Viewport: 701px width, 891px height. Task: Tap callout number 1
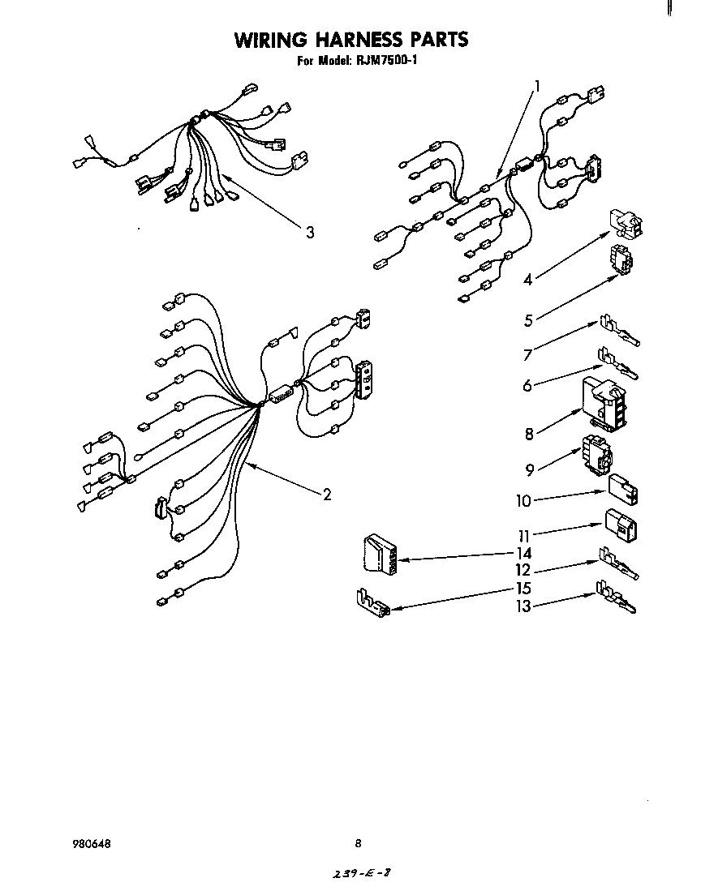[x=536, y=84]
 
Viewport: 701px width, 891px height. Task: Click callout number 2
[x=326, y=495]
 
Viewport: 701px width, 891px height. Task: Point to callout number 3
[x=309, y=233]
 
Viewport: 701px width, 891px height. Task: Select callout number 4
[x=528, y=280]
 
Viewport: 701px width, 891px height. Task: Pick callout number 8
[x=529, y=434]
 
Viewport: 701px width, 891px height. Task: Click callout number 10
[x=523, y=501]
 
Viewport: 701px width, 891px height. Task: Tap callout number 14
[x=524, y=553]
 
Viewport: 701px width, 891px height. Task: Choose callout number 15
[x=524, y=589]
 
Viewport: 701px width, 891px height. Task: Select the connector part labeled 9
[x=596, y=456]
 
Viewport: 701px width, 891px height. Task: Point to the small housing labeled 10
[x=622, y=489]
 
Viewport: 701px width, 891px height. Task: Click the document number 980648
[x=90, y=844]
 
